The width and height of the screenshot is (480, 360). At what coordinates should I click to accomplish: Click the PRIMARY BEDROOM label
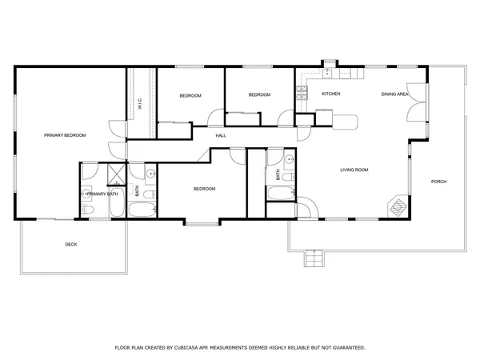(65, 135)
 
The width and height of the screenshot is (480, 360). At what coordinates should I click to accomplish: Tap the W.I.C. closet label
(140, 103)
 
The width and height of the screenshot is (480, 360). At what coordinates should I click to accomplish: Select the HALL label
(221, 135)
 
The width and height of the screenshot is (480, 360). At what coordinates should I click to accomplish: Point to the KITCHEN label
(331, 94)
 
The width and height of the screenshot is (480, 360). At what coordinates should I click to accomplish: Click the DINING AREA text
(395, 94)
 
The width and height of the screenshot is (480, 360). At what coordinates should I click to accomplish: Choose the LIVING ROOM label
(354, 170)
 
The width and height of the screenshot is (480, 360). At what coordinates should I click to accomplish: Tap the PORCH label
(438, 182)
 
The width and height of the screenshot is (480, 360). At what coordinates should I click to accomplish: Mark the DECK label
(71, 245)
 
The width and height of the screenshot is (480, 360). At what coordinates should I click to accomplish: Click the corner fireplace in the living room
(398, 206)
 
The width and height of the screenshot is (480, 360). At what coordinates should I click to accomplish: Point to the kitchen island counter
(346, 122)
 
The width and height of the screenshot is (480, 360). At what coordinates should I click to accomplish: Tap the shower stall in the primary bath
(114, 173)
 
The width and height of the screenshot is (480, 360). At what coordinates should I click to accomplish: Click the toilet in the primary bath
(88, 210)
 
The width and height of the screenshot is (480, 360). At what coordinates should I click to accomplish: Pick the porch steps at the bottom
(313, 258)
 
